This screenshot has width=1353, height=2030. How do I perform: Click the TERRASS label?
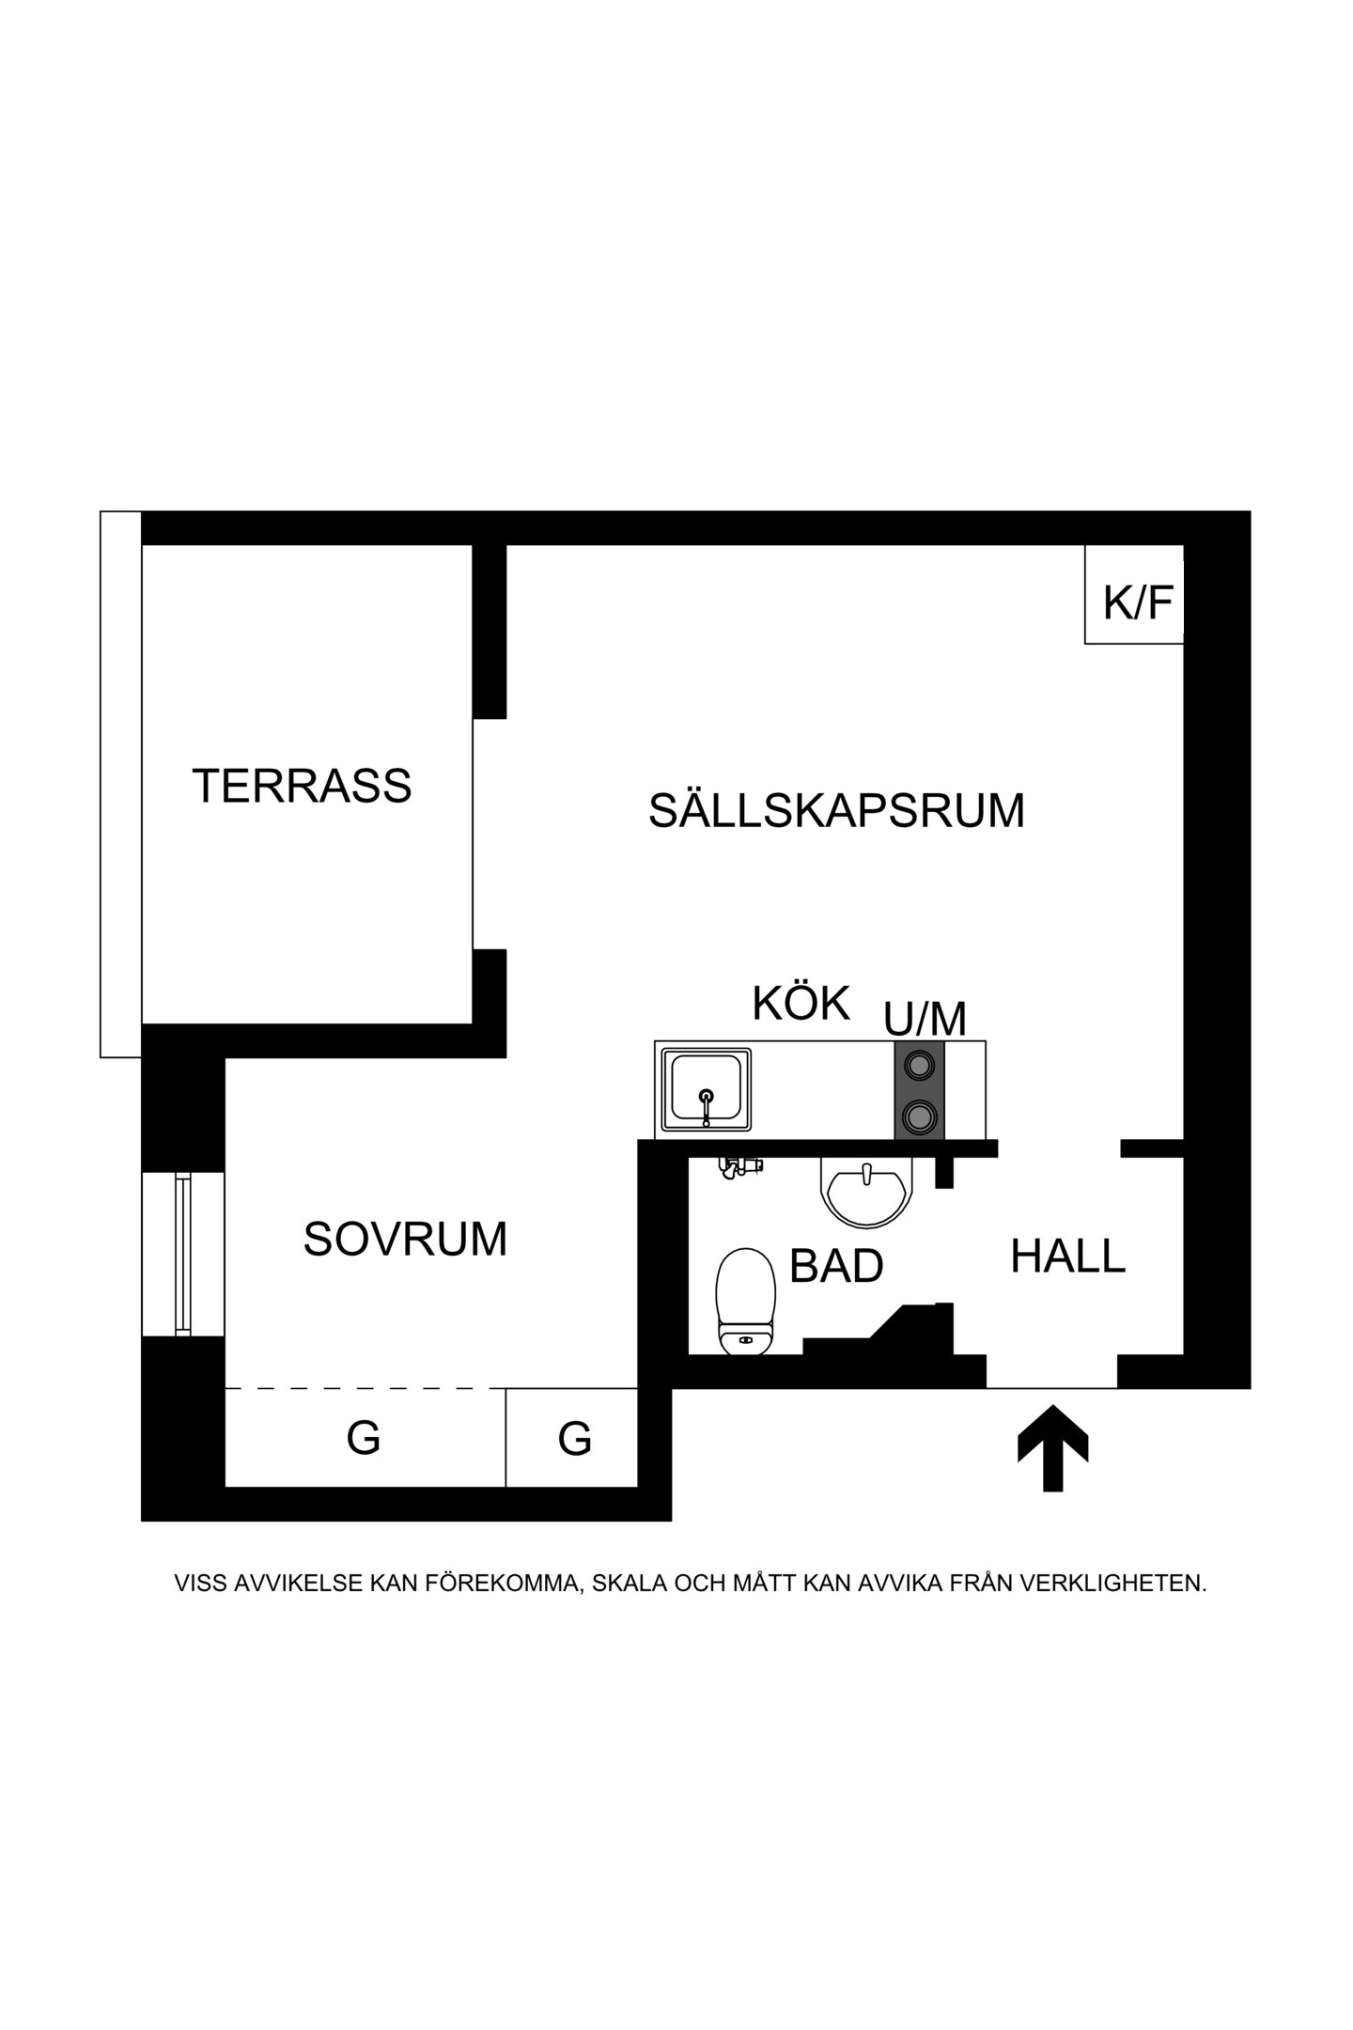[302, 786]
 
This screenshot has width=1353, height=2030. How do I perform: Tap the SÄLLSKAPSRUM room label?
[836, 810]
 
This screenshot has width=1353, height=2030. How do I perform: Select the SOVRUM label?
[405, 1240]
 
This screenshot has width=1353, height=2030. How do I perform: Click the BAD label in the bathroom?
[836, 1266]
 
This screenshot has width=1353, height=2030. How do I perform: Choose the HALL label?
[1067, 1257]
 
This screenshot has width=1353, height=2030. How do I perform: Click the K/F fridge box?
[1134, 594]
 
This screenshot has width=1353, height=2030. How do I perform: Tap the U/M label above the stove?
[925, 1019]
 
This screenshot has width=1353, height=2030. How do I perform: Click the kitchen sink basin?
[707, 1090]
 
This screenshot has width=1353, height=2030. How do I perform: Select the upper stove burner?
[919, 1065]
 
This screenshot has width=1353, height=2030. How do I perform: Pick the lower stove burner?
[919, 1116]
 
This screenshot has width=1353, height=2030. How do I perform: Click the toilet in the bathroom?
[746, 1301]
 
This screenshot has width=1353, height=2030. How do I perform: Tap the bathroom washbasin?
[866, 1191]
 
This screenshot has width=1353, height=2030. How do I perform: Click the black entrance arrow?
[1053, 1447]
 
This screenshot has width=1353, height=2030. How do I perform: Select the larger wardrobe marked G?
[365, 1438]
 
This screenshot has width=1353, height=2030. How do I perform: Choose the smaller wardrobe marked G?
[572, 1438]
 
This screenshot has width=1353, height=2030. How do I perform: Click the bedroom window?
[183, 1254]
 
